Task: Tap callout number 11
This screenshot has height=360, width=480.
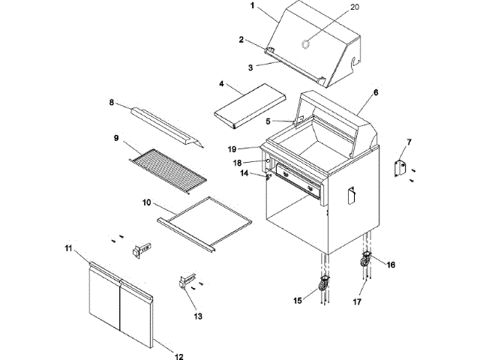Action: (x=67, y=247)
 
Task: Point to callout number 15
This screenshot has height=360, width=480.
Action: (x=298, y=301)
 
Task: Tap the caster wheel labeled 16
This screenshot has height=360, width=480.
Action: (x=367, y=261)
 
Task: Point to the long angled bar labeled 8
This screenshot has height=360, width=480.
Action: (x=166, y=126)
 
